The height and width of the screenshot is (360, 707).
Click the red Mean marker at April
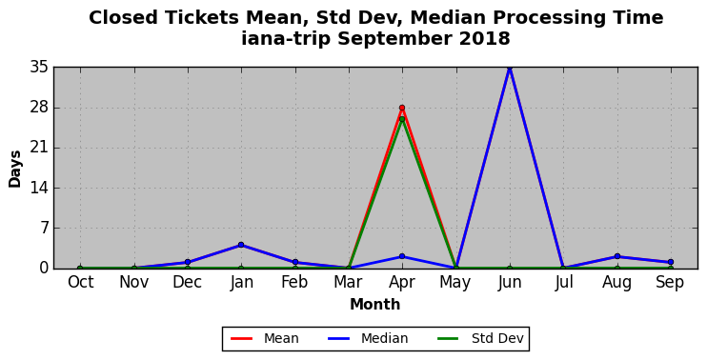(x=402, y=108)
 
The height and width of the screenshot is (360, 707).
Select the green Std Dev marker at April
(x=402, y=119)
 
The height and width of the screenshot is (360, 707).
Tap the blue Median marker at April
(x=402, y=256)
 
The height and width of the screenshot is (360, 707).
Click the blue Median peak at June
(x=510, y=68)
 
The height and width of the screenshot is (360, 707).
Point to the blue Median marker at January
(x=241, y=245)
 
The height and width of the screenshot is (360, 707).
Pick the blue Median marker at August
(x=616, y=256)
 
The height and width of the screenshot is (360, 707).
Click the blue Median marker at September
(x=671, y=262)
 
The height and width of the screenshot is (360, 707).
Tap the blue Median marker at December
(x=188, y=262)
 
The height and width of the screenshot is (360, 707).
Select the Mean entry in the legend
(x=265, y=338)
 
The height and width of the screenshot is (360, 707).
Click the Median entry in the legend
(x=368, y=338)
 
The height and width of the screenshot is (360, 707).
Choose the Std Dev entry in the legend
(x=480, y=338)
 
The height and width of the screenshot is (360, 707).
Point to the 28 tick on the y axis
(x=39, y=109)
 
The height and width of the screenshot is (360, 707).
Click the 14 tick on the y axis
(x=39, y=188)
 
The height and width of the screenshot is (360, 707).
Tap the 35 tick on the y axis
(x=39, y=68)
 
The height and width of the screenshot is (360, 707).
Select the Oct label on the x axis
(x=81, y=282)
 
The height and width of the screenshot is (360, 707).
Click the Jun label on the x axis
(x=510, y=282)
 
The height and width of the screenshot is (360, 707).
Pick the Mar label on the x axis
(x=348, y=282)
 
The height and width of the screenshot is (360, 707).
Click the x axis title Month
(x=375, y=304)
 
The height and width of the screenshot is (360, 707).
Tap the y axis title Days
(x=15, y=169)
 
